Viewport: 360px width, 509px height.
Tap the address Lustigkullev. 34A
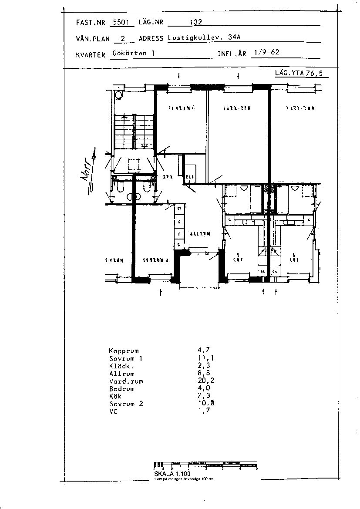204,37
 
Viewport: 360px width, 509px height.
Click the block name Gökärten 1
133,53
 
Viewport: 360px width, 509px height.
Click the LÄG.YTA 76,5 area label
299,74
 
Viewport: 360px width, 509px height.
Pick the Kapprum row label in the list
124,351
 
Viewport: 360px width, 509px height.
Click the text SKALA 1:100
172,474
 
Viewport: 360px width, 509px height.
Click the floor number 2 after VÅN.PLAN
122,38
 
